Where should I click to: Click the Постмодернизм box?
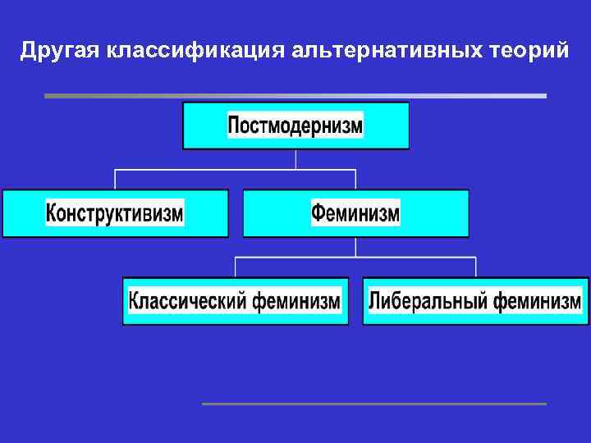click(x=295, y=126)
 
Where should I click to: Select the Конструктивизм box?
click(x=115, y=213)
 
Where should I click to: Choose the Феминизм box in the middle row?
click(x=355, y=213)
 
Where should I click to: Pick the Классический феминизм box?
click(x=236, y=301)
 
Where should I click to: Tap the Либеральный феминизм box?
click(x=475, y=301)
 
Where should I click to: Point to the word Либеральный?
click(x=426, y=301)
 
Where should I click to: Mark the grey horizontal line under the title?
click(x=295, y=96)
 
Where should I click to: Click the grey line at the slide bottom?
click(x=373, y=404)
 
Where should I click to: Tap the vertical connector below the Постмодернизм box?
click(x=295, y=159)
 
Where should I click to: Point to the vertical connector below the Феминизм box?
click(x=355, y=247)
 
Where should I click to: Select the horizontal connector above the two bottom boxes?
click(x=355, y=257)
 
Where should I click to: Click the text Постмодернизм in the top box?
click(x=295, y=126)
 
